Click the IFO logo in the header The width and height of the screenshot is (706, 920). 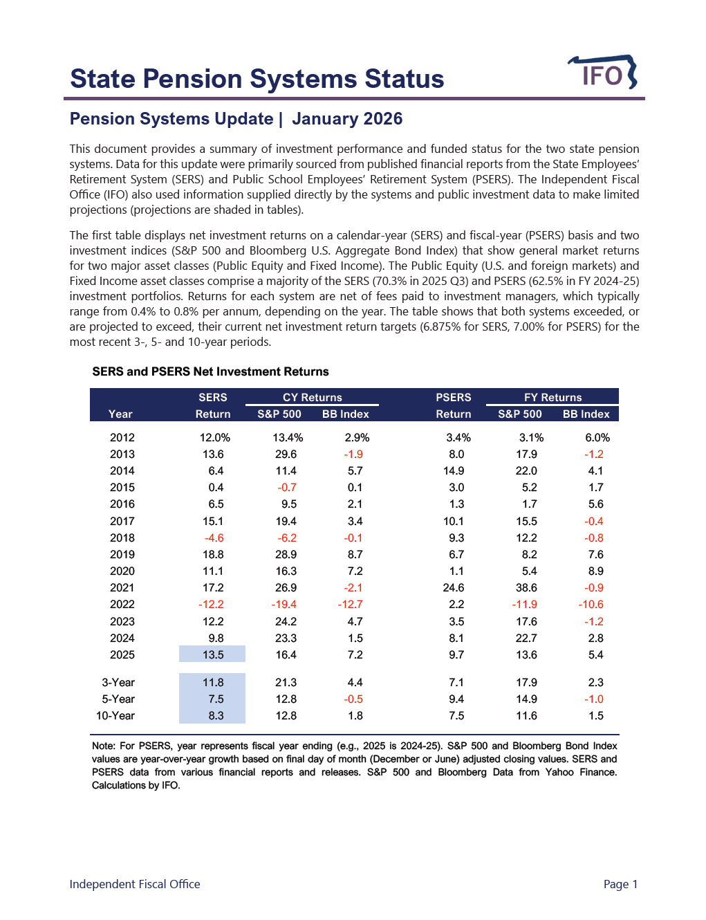point(602,73)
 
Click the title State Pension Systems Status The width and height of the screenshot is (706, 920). point(257,79)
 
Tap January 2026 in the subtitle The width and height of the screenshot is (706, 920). point(347,119)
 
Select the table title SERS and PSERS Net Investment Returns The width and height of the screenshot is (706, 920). point(210,371)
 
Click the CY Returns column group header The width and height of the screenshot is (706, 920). point(312,397)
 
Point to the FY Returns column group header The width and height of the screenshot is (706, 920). point(552,397)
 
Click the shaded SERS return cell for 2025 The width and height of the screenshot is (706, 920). point(212,654)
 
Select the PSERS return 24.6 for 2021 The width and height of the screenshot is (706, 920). point(454,588)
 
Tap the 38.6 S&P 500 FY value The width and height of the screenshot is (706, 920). point(526,588)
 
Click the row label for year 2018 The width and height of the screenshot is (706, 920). point(122,538)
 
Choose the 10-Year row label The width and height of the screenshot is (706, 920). point(115,716)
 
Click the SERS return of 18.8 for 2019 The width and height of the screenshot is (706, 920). point(212,555)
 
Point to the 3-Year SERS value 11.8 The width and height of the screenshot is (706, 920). point(212,683)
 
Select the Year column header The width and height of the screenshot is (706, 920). point(120,414)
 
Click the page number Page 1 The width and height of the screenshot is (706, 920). point(620,884)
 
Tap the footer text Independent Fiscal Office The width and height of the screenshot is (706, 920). point(135,884)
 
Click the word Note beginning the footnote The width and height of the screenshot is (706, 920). point(103,746)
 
